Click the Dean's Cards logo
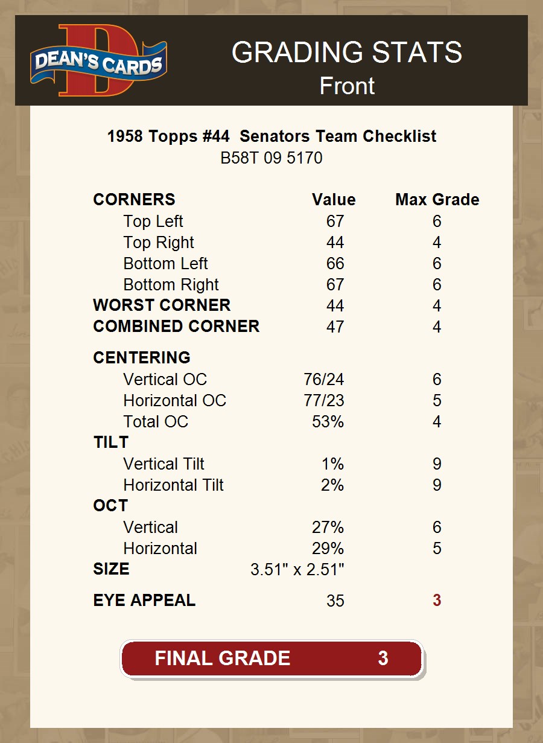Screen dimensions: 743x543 point(99,60)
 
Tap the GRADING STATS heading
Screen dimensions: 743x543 point(347,53)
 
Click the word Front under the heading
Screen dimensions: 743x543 point(347,86)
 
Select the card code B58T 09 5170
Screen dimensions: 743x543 point(271,158)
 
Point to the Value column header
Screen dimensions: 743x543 point(334,200)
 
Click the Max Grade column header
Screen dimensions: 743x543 point(437,200)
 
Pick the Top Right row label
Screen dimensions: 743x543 point(159,243)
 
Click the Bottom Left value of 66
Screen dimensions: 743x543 point(335,264)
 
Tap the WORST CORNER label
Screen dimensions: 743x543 point(162,305)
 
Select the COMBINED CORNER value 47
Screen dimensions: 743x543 point(335,327)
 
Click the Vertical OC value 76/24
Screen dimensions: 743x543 point(324,380)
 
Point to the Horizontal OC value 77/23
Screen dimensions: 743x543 point(324,401)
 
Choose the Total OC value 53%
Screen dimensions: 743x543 point(328,422)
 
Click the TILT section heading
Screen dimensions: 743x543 point(111,442)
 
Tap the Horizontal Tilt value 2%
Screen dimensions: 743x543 point(332,485)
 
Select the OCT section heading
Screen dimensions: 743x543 point(110,506)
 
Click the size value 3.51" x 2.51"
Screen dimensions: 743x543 point(297,570)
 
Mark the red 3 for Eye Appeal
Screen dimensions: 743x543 point(437,601)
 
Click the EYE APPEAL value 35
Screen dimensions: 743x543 point(335,601)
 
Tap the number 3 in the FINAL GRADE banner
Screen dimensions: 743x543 point(383,658)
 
